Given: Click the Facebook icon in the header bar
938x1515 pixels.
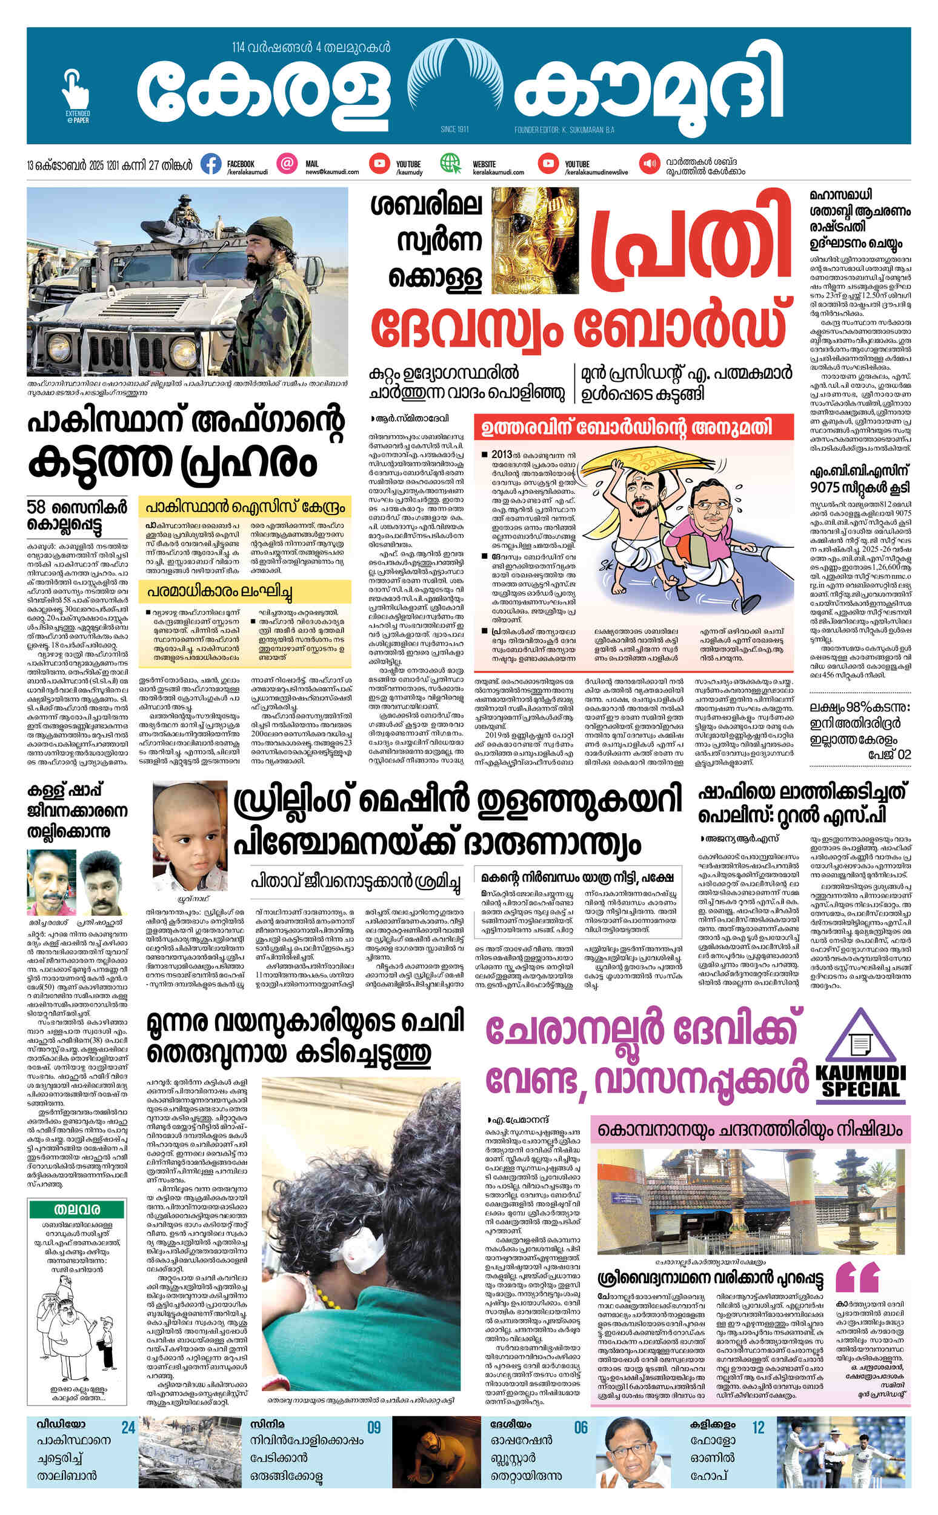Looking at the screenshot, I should (x=211, y=164).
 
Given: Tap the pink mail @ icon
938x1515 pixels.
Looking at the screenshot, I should (x=287, y=164).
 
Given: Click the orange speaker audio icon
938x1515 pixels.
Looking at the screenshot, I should (x=650, y=164).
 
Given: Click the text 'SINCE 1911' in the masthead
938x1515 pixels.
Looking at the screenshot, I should (x=454, y=130).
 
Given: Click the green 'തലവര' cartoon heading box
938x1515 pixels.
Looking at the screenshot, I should (x=77, y=1210).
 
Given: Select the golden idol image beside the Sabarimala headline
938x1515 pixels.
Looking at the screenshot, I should (x=535, y=241).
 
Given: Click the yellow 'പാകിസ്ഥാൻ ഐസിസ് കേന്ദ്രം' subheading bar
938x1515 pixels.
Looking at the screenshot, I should (x=244, y=507).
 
